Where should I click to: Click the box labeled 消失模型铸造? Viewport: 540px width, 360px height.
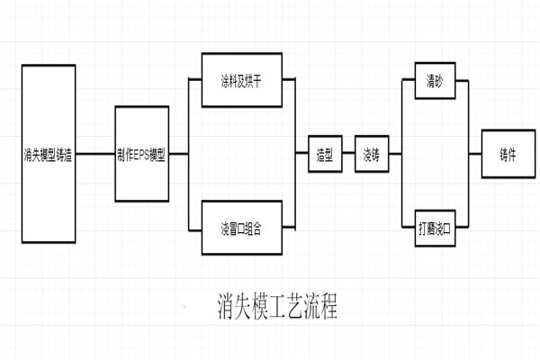48,154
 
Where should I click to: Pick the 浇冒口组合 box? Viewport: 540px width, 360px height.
238,229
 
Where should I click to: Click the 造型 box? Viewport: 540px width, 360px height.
325,154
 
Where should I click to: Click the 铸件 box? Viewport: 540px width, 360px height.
508,154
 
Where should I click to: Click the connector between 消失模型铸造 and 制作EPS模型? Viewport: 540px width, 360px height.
94,154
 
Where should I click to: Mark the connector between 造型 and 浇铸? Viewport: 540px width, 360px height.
348,154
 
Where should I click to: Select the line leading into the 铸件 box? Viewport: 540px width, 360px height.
475,154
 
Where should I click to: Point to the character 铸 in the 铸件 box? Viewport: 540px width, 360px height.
503,154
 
